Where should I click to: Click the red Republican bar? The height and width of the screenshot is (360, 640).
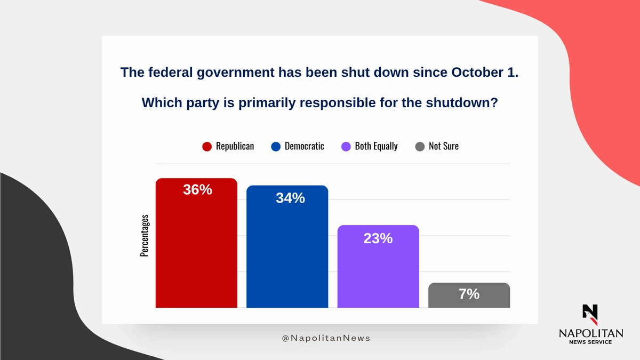point(196,251)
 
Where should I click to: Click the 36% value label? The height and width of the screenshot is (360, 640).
point(198,189)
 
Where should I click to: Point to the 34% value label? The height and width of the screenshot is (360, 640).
point(290,198)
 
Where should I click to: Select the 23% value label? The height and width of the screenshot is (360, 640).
point(378,238)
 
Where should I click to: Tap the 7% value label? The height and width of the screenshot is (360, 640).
point(469,293)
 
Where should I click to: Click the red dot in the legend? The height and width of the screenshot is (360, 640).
point(207,147)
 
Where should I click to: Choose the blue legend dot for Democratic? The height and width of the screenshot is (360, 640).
point(276,147)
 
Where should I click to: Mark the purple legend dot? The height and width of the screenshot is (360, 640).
point(346,147)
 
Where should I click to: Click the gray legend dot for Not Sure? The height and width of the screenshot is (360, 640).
point(420,147)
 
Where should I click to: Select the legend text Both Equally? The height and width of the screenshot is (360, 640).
point(376,146)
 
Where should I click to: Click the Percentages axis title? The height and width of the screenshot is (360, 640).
point(145,236)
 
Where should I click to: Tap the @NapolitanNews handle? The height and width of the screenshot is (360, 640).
point(326,338)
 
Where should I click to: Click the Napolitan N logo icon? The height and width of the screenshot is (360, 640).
point(590,314)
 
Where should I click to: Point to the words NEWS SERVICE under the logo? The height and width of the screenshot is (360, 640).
point(590,342)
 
